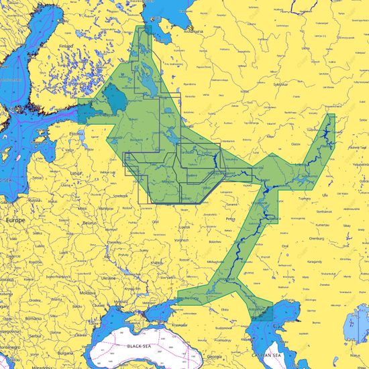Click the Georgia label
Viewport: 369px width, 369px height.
[215, 357]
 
